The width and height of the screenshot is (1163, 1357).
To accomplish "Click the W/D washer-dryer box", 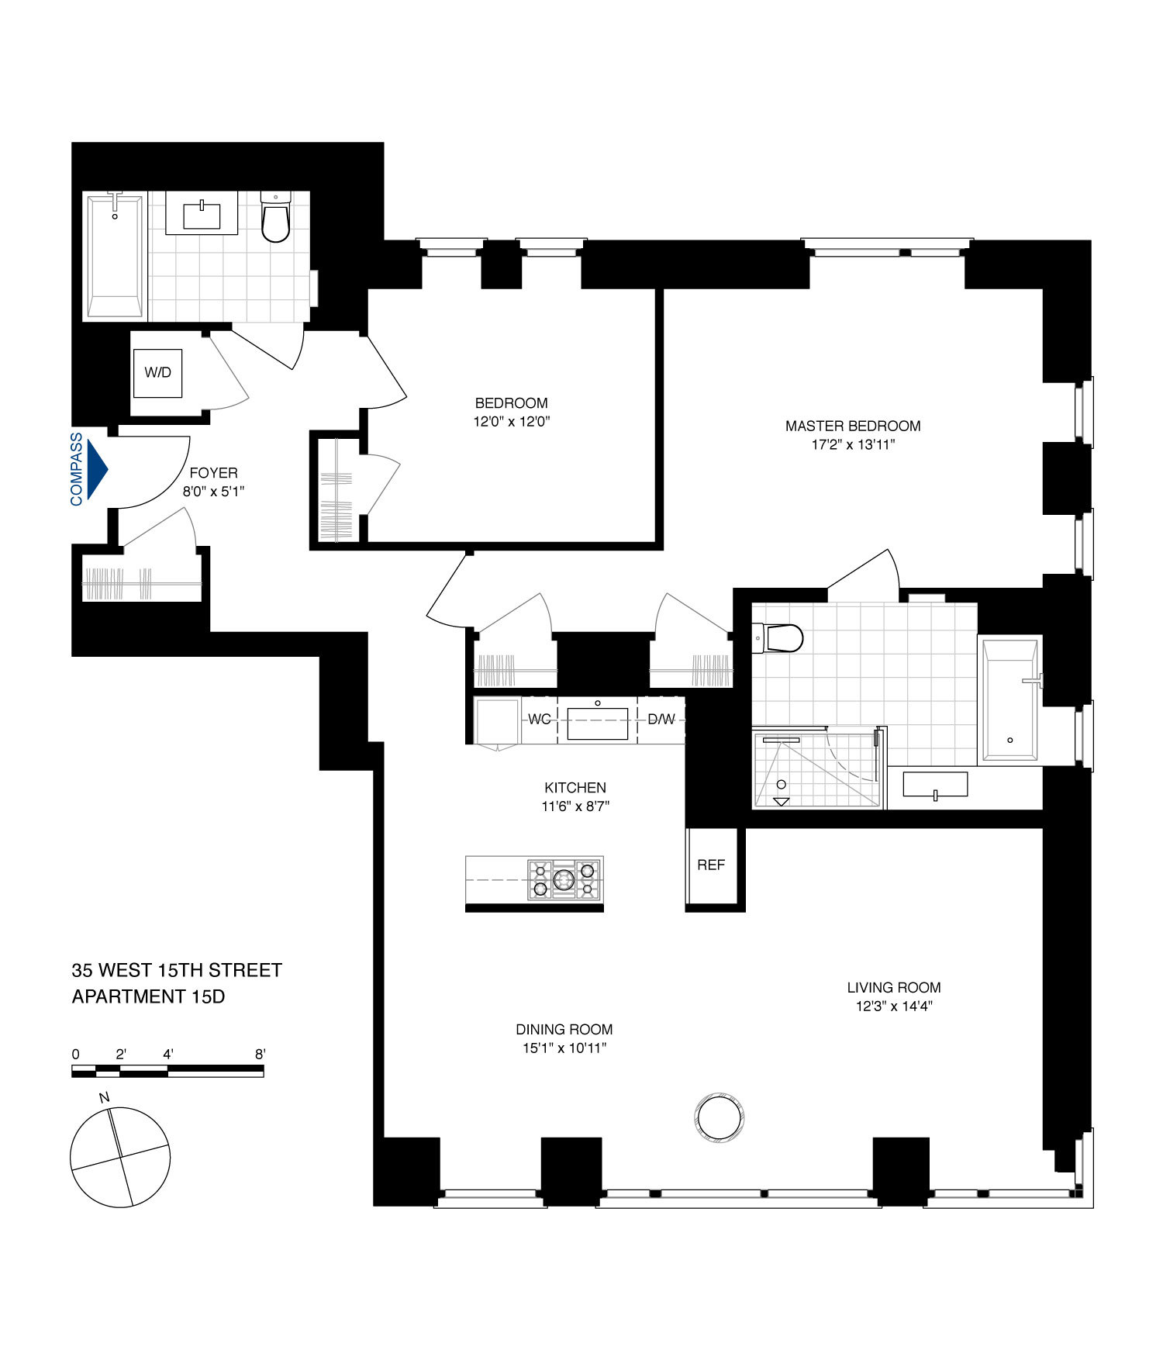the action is coord(157,373).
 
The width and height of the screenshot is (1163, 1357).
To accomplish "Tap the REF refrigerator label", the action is coord(711,865).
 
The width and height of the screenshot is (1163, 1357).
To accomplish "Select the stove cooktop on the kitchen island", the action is coord(564,879).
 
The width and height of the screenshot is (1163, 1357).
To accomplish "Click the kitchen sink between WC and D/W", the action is coord(597,723).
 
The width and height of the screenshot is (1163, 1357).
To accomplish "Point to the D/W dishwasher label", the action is coord(661,720).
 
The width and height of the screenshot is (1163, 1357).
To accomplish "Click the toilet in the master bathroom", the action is coord(782,638).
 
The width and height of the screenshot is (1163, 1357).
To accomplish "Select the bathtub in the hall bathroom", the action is coord(115,256).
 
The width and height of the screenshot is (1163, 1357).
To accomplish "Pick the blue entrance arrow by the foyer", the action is coord(97,469).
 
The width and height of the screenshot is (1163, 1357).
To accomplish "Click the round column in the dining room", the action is coord(720,1117).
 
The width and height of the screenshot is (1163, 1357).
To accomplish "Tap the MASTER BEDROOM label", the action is coord(853,426).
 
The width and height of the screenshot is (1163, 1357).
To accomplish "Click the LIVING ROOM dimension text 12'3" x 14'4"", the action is coord(893,1007).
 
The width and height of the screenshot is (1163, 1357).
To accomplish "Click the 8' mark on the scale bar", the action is coord(261,1055).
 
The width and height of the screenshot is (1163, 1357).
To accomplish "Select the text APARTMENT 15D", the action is coord(148,996).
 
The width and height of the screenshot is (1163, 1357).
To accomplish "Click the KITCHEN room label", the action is coord(575,788).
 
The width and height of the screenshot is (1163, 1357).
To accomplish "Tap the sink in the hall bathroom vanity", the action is coord(202,215).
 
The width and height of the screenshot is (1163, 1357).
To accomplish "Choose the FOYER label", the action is coord(213,473).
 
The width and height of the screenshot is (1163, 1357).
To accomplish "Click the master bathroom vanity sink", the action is coord(935,785).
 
